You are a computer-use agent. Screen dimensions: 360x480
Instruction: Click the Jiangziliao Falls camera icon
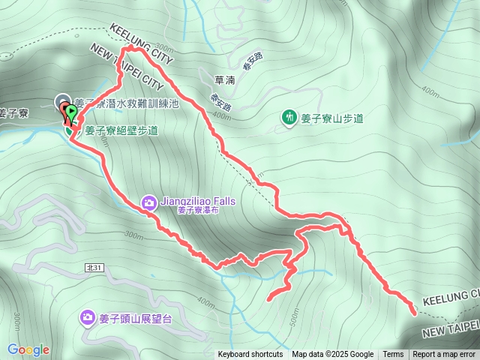click(x=148, y=202)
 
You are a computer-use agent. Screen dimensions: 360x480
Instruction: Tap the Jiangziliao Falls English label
click(x=196, y=201)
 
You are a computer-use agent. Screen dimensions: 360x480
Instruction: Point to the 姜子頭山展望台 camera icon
click(x=88, y=318)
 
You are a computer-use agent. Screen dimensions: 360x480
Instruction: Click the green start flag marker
click(x=71, y=114)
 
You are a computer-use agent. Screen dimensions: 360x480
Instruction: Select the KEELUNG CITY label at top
click(x=142, y=43)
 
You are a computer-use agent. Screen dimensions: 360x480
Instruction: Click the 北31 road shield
click(x=94, y=267)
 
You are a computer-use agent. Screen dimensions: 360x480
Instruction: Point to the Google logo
click(x=28, y=349)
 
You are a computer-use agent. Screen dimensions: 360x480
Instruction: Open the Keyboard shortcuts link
click(x=250, y=355)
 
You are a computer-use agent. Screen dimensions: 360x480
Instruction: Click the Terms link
click(x=393, y=355)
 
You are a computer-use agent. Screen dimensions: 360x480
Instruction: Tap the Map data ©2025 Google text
click(x=332, y=355)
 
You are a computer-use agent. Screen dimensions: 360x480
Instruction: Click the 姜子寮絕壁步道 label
click(x=121, y=130)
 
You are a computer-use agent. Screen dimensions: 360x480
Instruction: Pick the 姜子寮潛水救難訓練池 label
click(x=126, y=105)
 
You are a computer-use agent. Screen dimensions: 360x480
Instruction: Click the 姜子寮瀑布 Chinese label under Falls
click(x=198, y=211)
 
